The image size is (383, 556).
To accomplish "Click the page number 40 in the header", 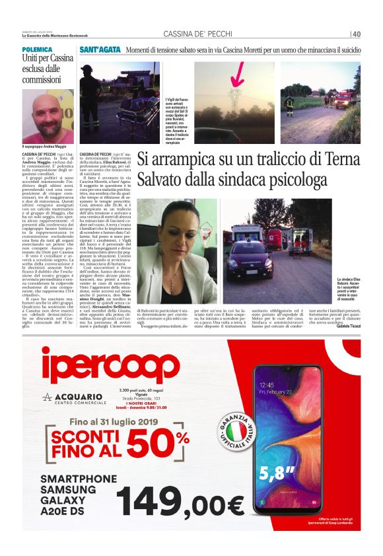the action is tap(357, 34).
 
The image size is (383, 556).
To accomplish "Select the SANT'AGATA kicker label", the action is tap(100, 50).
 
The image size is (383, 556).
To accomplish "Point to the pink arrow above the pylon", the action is tap(236, 73).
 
